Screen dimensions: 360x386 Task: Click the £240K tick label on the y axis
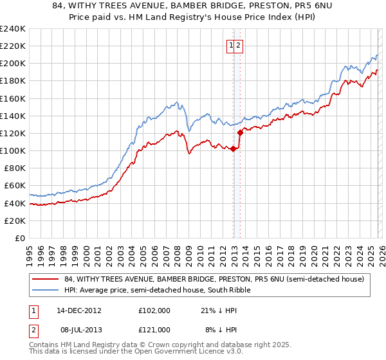click(x=13, y=29)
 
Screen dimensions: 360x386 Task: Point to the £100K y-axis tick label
click(x=13, y=151)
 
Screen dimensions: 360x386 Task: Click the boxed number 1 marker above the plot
click(x=230, y=45)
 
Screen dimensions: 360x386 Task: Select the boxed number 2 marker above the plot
click(x=238, y=45)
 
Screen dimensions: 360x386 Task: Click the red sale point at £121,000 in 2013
click(x=239, y=132)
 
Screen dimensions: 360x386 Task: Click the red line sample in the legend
click(x=46, y=279)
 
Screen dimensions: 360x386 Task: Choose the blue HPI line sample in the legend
click(x=46, y=291)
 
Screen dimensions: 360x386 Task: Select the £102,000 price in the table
click(x=154, y=310)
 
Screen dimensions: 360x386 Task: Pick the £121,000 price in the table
click(x=154, y=329)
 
